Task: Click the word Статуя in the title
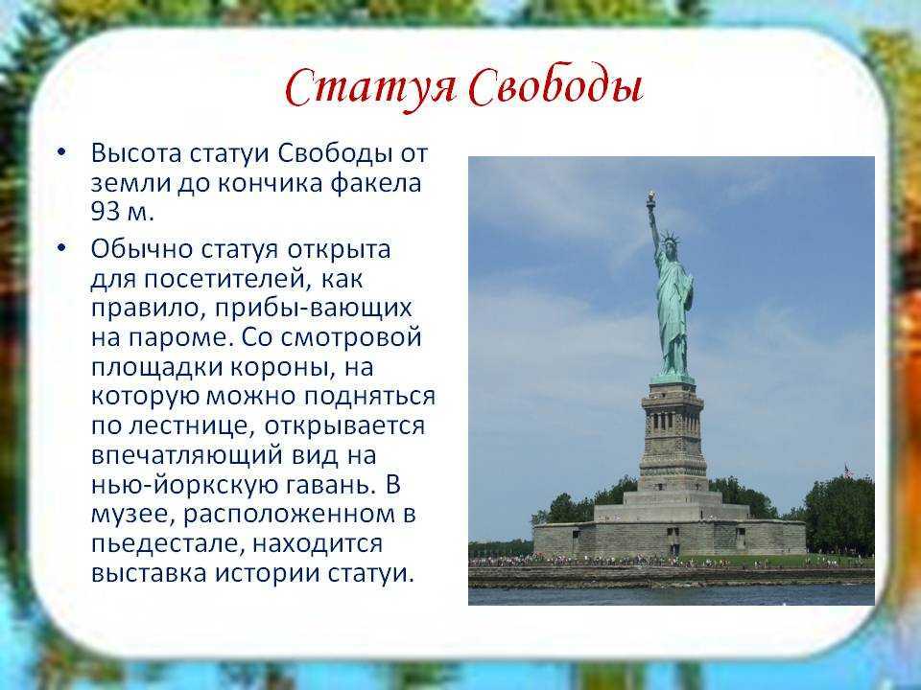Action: pos(370,89)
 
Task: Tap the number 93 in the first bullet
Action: pos(106,212)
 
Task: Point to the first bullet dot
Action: pos(62,152)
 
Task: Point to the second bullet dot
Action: pos(62,248)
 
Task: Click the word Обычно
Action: pos(142,249)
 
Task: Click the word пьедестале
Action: pos(167,544)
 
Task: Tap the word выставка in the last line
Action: pos(149,573)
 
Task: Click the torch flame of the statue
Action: pos(650,196)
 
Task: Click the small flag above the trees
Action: pos(848,470)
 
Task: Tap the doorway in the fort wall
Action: pos(673,540)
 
